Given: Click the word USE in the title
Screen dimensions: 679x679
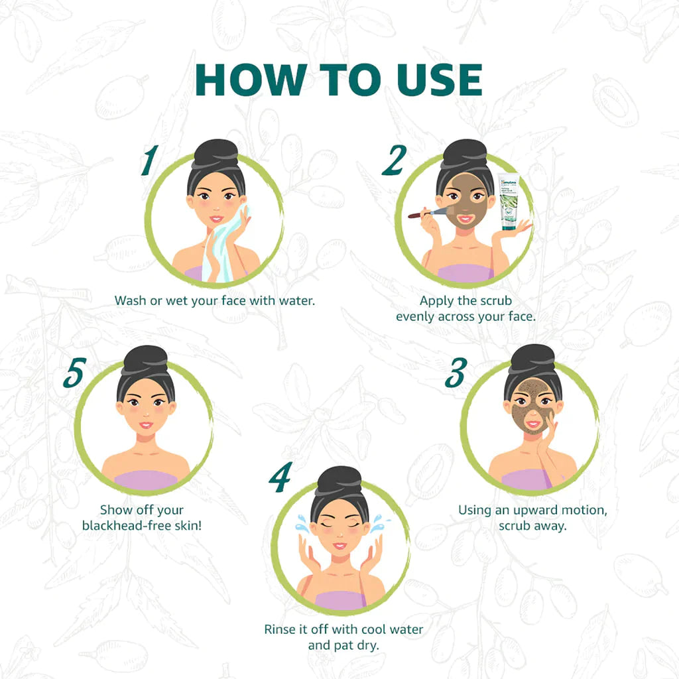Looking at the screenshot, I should [x=434, y=80].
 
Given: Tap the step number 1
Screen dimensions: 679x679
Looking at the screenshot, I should [x=151, y=160].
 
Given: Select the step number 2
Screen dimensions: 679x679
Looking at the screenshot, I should [x=394, y=160].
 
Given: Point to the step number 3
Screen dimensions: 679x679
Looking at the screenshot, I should [x=456, y=373].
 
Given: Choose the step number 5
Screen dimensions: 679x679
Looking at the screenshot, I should [x=74, y=373].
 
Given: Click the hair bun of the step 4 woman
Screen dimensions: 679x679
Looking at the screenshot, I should [x=339, y=479].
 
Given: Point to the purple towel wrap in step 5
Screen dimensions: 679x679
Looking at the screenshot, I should [x=145, y=479].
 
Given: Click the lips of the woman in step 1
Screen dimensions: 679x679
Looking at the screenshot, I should [x=216, y=218].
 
